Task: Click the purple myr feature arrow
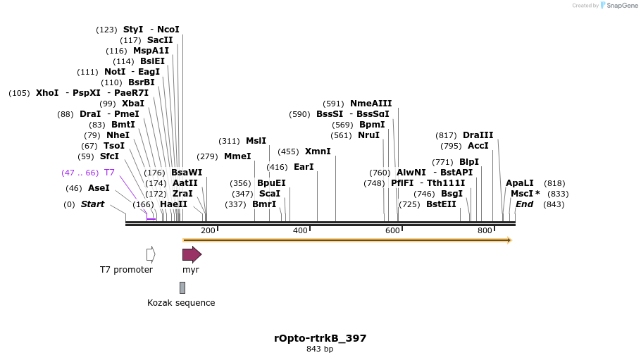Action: coord(192,254)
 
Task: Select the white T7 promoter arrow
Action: coord(151,254)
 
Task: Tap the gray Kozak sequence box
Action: coord(182,287)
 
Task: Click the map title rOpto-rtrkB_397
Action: coord(320,338)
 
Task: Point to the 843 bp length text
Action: coord(320,349)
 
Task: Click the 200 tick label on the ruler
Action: coord(208,231)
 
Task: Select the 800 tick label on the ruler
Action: coord(485,231)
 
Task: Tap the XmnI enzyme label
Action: coord(318,151)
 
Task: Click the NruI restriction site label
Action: coord(368,135)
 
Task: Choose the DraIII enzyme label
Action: coord(478,135)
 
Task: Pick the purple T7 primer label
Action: coord(109,173)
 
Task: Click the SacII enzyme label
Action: coord(160,40)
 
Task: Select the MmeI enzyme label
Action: coord(237,156)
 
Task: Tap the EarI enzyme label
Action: coord(304,167)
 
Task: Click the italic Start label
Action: coord(92,204)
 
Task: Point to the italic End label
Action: coord(525,204)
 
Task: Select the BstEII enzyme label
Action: coord(441,204)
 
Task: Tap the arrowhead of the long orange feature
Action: coord(509,240)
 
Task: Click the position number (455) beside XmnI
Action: coord(288,151)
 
